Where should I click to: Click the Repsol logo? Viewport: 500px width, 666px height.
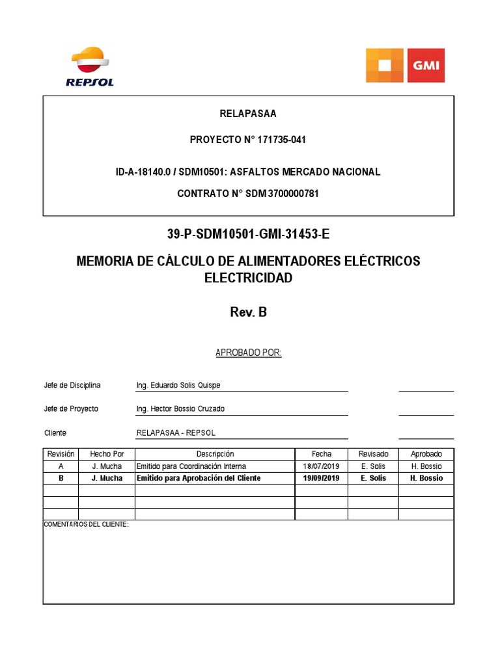click(90, 66)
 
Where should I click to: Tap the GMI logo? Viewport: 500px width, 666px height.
click(405, 65)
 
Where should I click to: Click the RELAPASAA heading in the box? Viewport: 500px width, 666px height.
click(248, 114)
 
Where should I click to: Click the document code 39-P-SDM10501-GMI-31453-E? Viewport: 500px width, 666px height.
click(248, 235)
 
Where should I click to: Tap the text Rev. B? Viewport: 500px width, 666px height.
click(248, 312)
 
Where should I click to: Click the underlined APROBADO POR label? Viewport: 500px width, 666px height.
click(248, 353)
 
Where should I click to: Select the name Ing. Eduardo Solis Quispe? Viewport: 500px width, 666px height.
click(178, 385)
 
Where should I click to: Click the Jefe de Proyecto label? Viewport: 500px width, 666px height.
click(71, 409)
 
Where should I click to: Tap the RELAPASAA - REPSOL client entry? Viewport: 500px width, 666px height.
click(176, 433)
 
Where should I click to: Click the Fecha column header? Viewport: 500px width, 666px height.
click(322, 454)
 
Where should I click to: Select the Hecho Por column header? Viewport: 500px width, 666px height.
click(107, 454)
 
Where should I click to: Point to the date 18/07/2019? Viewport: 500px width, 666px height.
click(322, 466)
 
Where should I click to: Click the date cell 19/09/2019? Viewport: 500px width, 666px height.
click(322, 478)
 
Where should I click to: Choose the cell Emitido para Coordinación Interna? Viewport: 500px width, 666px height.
click(191, 466)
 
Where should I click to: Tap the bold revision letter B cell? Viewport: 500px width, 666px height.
click(61, 478)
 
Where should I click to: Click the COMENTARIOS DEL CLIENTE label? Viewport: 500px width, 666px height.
click(86, 524)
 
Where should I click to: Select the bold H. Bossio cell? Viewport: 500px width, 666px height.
click(426, 478)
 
